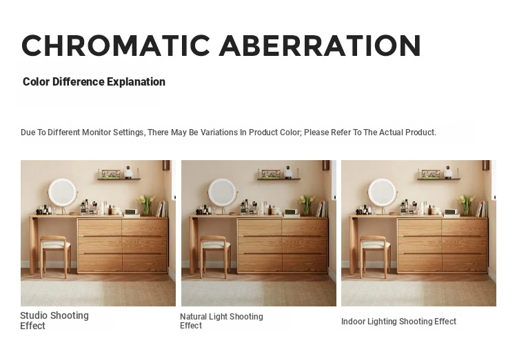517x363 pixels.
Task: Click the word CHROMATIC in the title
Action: [x=116, y=46]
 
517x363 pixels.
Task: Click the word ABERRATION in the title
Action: [x=319, y=46]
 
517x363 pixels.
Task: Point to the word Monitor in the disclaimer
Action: [x=97, y=133]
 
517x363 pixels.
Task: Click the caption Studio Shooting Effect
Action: [x=54, y=320]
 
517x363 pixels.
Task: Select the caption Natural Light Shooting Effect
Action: [x=221, y=321]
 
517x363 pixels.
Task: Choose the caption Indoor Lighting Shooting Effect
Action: [x=398, y=321]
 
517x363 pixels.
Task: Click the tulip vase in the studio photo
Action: [x=146, y=205]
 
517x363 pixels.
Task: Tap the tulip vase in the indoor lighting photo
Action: [x=466, y=205]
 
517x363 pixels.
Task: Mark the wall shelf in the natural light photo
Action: [x=279, y=179]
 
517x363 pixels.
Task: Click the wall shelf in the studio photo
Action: [x=119, y=179]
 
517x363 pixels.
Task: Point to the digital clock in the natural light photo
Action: [x=290, y=212]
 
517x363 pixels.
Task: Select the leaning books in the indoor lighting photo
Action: [x=482, y=209]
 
